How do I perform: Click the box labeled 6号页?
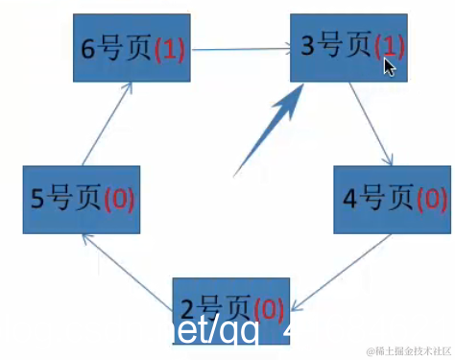[133, 48]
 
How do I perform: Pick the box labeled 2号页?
[230, 308]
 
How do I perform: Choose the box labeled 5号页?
[81, 199]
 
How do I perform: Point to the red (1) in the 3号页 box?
[390, 45]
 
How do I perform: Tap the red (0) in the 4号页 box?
[430, 200]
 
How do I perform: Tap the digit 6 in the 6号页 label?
[87, 50]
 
